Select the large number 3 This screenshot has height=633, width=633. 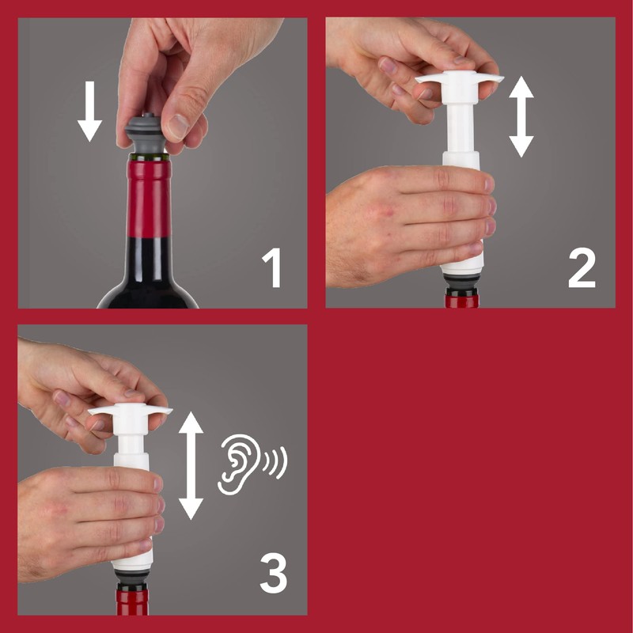tap(273, 576)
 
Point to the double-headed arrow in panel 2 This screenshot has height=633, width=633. tap(521, 116)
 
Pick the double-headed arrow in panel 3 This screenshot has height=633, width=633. tap(191, 464)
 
